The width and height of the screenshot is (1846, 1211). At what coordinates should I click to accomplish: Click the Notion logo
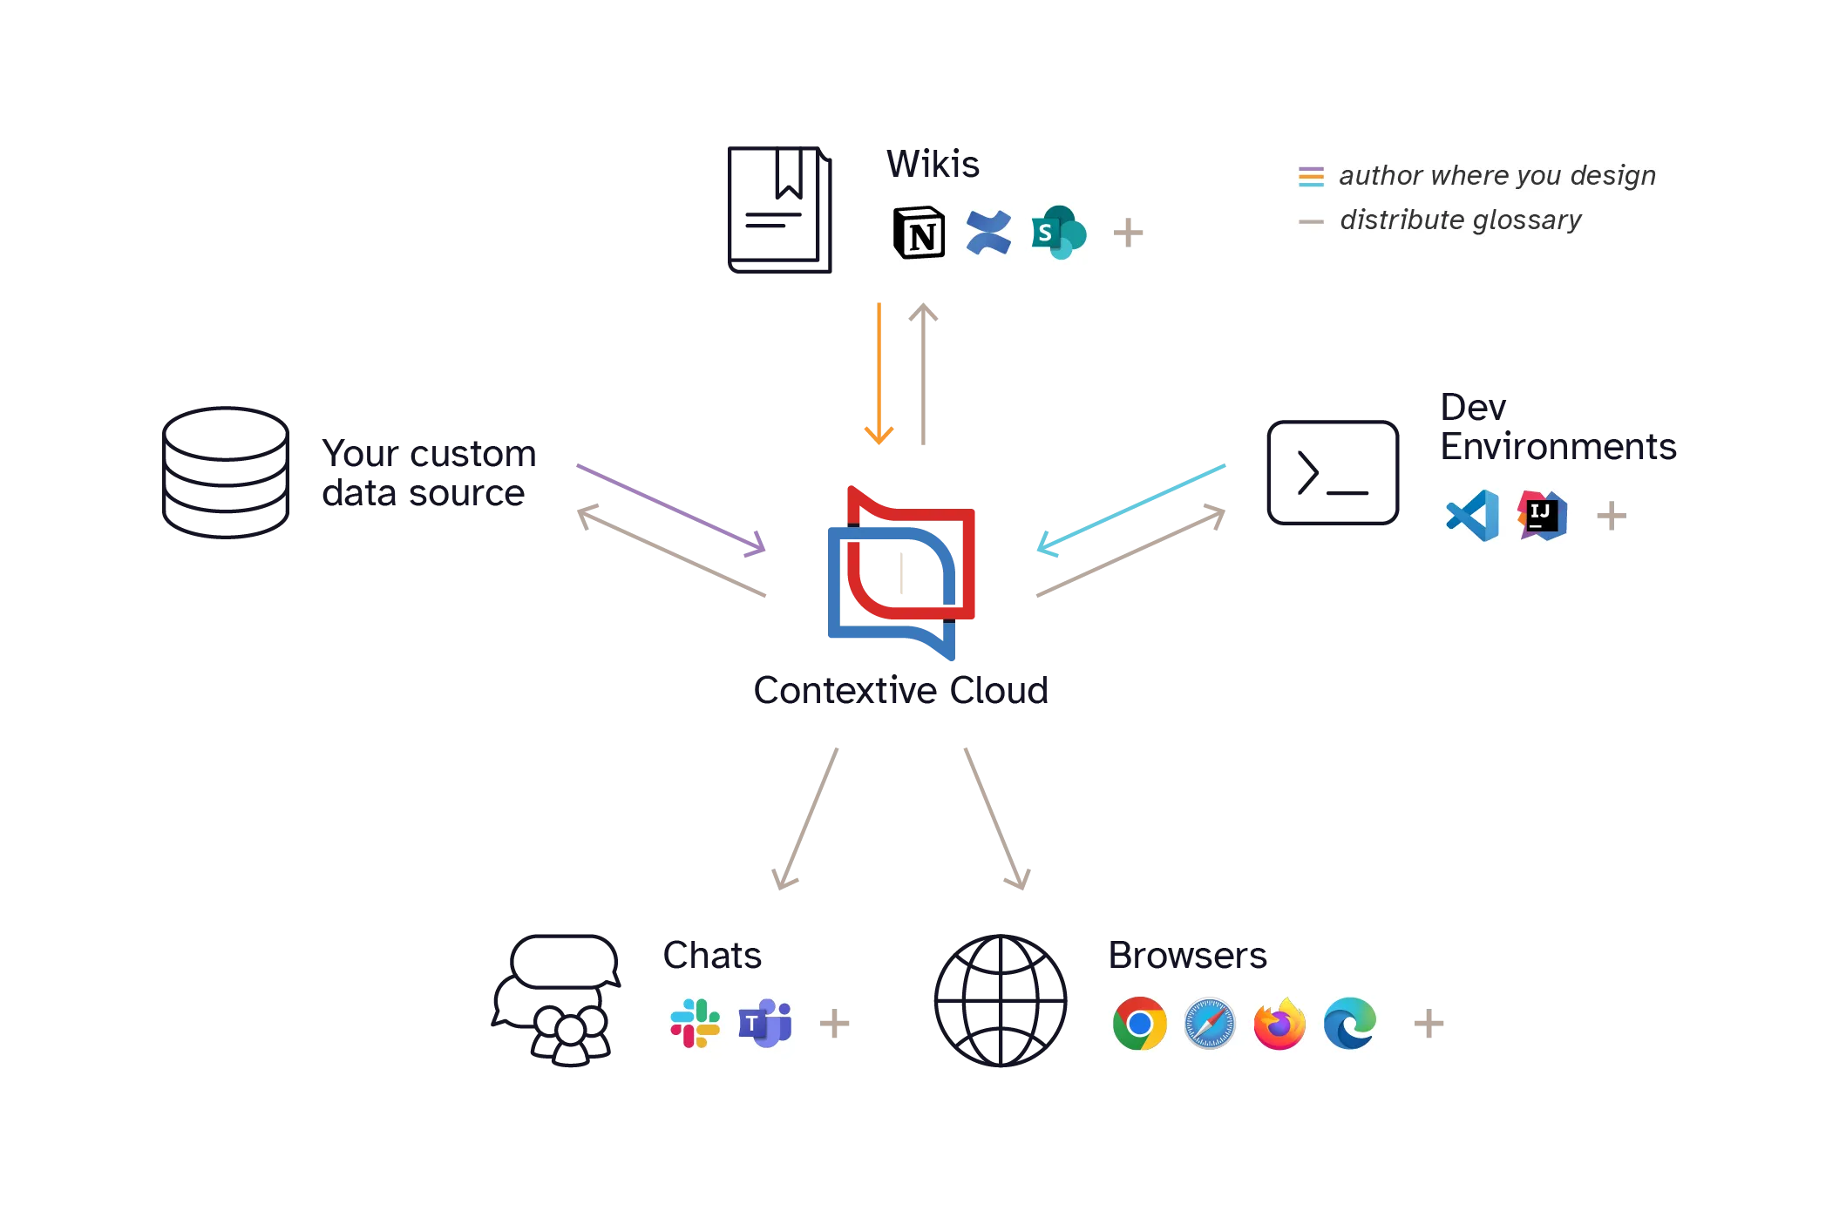(x=919, y=233)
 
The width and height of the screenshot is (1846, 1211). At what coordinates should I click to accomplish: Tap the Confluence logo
(x=988, y=233)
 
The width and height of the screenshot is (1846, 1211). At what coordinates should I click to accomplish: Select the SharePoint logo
(x=1057, y=232)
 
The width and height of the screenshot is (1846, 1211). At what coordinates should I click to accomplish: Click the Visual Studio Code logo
(x=1472, y=516)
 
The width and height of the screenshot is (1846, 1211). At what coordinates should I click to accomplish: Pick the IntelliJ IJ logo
(x=1542, y=515)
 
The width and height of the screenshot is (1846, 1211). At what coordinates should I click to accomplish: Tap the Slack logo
(x=695, y=1023)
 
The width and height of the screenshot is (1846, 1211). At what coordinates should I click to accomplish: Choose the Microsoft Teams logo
(x=764, y=1023)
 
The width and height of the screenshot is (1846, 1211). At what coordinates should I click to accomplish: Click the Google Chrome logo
(x=1139, y=1024)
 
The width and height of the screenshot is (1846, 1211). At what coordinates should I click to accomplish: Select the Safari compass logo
(x=1209, y=1024)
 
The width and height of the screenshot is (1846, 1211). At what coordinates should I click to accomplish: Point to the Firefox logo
(x=1279, y=1024)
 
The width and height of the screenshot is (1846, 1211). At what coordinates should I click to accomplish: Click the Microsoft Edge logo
(x=1349, y=1024)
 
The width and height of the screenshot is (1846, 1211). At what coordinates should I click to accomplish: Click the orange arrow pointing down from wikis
(x=879, y=375)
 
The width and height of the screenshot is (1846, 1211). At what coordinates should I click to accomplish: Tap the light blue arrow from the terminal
(x=1130, y=509)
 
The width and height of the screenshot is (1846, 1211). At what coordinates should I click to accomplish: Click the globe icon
(x=1000, y=1003)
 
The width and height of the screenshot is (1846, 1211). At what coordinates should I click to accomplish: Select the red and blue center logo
(x=899, y=571)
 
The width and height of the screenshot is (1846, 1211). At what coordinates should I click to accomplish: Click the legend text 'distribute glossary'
(x=1460, y=220)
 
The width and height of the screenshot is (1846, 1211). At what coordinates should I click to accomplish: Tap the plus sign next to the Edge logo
(x=1429, y=1023)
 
